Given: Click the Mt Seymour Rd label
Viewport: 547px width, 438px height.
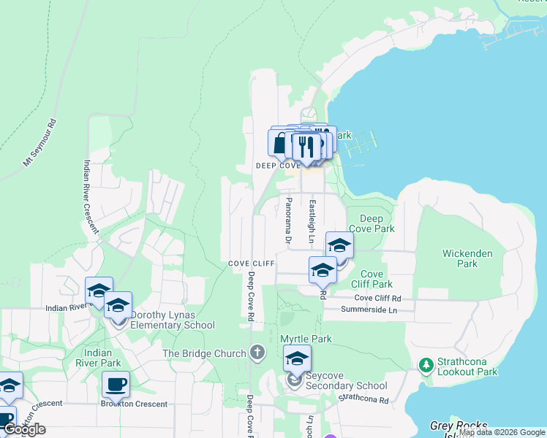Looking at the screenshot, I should pyautogui.click(x=39, y=142).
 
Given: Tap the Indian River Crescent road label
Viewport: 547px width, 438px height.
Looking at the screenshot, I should pyautogui.click(x=91, y=196).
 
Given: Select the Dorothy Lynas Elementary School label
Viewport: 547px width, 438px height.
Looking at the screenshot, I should pyautogui.click(x=173, y=320).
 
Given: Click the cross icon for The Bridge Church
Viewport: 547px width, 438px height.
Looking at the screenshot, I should pyautogui.click(x=257, y=353).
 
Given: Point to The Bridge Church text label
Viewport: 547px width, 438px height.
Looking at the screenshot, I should pyautogui.click(x=204, y=353).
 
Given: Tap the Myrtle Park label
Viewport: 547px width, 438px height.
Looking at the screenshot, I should pyautogui.click(x=306, y=339).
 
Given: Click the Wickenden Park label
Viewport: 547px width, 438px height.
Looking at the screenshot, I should pyautogui.click(x=467, y=258).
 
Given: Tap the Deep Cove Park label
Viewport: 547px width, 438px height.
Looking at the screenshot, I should pyautogui.click(x=377, y=223).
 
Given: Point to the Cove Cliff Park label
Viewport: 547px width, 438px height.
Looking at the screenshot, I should pyautogui.click(x=371, y=279).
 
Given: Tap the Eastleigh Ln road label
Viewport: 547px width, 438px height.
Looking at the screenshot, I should pyautogui.click(x=312, y=221).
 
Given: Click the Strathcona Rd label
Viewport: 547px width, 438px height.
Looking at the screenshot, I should pyautogui.click(x=363, y=399).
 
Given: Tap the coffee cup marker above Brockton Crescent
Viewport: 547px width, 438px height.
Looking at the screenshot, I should pyautogui.click(x=116, y=383).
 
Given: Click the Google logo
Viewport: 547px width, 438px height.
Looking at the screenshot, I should pyautogui.click(x=24, y=429).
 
